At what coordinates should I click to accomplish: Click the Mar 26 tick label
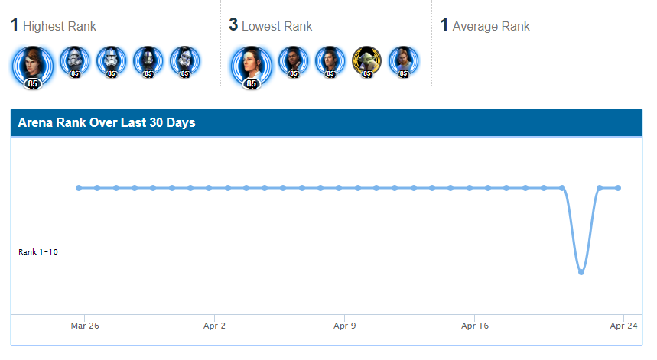[x=85, y=326]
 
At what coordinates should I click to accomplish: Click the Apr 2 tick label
[x=214, y=326]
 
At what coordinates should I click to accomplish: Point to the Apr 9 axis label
[x=344, y=326]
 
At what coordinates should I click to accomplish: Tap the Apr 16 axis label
[x=475, y=326]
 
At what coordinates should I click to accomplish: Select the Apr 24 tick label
[x=623, y=326]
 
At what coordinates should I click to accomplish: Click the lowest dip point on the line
[x=581, y=272]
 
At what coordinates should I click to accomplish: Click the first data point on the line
[x=79, y=188]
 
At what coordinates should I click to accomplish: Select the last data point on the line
[x=618, y=188]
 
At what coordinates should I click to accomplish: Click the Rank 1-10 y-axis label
[x=38, y=252]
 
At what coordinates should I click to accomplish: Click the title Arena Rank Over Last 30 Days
[x=107, y=122]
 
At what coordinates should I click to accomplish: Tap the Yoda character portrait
[x=366, y=61]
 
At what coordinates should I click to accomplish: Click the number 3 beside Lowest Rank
[x=233, y=24]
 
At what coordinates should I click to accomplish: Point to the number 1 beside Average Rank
[x=444, y=24]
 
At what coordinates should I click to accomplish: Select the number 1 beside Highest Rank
[x=15, y=24]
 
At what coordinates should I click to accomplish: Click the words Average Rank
[x=491, y=27]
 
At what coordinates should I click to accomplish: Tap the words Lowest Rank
[x=277, y=27]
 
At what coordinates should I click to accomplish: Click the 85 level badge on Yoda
[x=366, y=73]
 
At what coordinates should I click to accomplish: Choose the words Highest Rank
[x=60, y=27]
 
